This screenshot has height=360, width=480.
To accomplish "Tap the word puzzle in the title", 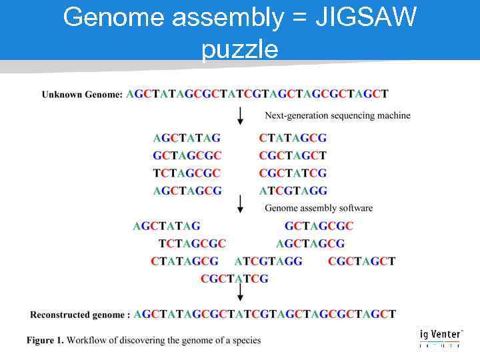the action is [239, 49].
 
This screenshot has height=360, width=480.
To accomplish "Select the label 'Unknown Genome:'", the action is [82, 95].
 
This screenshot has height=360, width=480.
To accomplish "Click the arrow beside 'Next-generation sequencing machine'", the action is [240, 116].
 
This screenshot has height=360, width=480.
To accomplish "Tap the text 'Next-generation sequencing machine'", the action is [337, 115].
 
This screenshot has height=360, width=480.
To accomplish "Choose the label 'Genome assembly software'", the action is [318, 208].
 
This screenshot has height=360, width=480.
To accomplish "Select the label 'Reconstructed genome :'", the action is [79, 315].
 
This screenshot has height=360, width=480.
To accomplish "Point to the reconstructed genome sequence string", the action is [265, 314].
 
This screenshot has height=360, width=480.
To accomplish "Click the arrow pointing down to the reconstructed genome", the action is [240, 293].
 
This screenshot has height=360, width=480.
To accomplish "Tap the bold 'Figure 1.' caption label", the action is [45, 341].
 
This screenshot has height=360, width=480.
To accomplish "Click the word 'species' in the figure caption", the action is [244, 341].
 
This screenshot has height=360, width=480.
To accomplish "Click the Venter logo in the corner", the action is [441, 338].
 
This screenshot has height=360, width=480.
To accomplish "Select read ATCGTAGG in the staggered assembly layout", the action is [268, 261].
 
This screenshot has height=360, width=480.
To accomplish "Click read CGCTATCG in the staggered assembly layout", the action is [234, 279].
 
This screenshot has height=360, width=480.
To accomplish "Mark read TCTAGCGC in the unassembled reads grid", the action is [187, 173].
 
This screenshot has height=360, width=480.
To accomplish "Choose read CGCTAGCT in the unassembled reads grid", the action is [293, 156].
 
